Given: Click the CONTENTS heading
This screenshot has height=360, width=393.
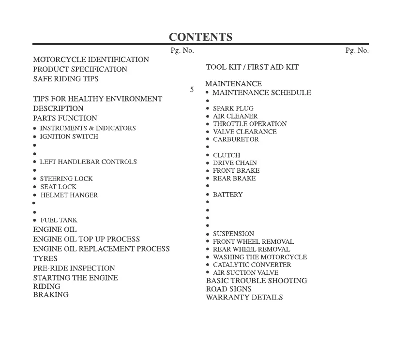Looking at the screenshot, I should point(200,37).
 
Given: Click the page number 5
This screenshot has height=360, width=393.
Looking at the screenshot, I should point(192,90).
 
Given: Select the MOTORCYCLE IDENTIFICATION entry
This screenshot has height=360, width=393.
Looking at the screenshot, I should point(91,60).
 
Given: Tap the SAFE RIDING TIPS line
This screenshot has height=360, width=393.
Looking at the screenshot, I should point(65,79).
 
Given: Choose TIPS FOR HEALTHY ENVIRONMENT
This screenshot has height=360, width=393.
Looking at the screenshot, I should point(97,99).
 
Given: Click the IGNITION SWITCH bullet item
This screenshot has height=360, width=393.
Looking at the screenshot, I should point(69,136).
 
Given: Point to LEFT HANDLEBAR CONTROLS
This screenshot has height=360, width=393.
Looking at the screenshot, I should point(88,162).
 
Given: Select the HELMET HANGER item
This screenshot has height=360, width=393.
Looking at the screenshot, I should point(69,195).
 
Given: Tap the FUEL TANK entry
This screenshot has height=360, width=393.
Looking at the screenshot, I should point(59,220).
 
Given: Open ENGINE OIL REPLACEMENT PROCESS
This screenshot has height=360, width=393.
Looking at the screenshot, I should point(101,249).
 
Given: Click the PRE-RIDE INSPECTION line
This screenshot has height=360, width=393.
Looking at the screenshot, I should point(74,268).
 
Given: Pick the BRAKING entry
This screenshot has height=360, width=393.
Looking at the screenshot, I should point(51,295).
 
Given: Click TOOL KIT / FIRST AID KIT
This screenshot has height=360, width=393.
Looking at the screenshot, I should point(252,67).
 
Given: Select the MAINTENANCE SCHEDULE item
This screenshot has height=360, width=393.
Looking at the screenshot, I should point(262,92).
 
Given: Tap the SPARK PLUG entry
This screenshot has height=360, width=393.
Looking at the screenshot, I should point(233,108).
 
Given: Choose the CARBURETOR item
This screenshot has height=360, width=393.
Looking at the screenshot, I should point(236,139).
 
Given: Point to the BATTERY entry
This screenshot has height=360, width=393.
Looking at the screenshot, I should point(227,195).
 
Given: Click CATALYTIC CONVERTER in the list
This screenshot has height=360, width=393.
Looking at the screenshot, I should point(252,265).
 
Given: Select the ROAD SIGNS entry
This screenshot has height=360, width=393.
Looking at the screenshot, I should point(229,289).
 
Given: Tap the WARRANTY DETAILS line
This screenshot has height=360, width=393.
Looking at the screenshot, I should point(244,297).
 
